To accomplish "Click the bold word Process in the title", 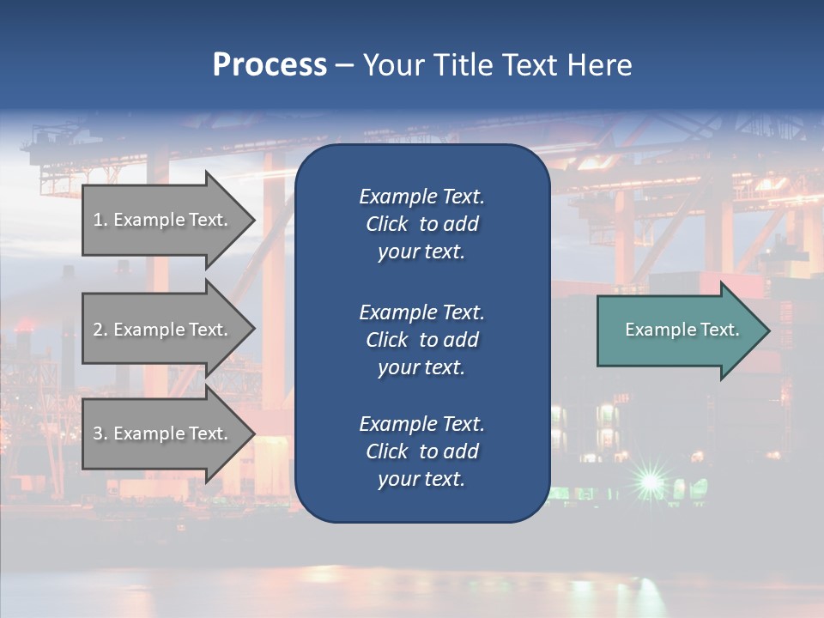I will [x=270, y=65].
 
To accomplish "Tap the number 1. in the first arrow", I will [x=100, y=220].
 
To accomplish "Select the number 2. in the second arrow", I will [x=100, y=330].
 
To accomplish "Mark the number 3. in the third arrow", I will [x=100, y=433].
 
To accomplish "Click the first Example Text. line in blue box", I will [x=421, y=197].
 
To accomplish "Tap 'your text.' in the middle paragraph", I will [x=421, y=367].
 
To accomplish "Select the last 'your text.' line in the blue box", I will [x=421, y=479].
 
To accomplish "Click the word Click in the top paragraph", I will [x=386, y=224].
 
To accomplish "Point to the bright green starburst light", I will [x=651, y=481].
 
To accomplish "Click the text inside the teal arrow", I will [x=682, y=330].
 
